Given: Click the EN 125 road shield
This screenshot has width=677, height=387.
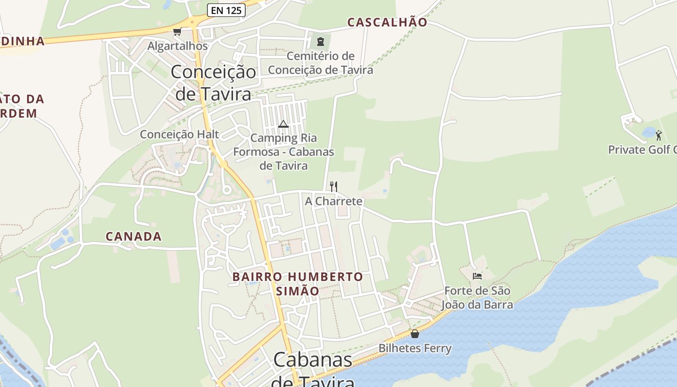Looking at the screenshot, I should (x=226, y=10).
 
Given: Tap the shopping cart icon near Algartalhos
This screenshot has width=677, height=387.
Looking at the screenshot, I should (x=177, y=32).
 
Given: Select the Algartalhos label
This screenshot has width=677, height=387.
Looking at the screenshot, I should (x=177, y=46).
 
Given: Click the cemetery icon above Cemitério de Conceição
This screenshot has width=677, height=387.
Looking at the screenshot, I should (x=320, y=42).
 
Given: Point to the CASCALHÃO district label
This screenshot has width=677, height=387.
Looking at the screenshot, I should (x=387, y=22).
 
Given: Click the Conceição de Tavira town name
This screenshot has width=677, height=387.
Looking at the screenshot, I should (x=213, y=82).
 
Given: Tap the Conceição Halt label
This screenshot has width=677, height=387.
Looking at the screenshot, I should (x=179, y=134).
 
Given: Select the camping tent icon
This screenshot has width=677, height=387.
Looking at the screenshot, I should (x=283, y=124).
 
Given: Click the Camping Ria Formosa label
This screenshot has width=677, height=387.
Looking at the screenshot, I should (x=284, y=151).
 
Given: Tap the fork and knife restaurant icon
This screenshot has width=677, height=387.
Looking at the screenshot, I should (x=333, y=186).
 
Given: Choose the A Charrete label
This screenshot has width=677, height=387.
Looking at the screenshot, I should (x=334, y=201).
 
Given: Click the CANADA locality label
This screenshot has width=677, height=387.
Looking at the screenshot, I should (x=133, y=237).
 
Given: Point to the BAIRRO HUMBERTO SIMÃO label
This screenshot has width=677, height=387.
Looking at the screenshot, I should (x=297, y=284).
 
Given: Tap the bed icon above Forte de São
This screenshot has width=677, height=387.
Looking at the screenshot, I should (x=477, y=276).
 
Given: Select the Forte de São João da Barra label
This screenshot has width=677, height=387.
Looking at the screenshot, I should (x=477, y=298).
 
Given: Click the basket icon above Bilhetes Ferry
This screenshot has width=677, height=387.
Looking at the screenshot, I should (x=415, y=334).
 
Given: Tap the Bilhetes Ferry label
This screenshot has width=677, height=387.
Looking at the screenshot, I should (x=415, y=348).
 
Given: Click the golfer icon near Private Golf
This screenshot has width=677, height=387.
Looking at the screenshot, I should (x=658, y=135).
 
